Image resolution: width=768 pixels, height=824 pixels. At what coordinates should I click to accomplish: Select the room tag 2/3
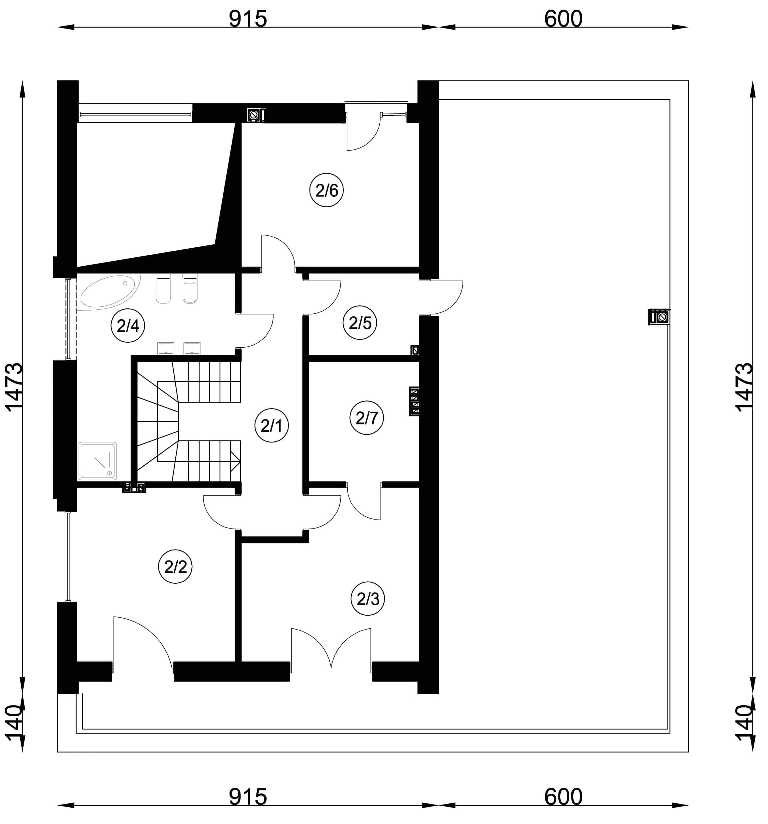(368, 599)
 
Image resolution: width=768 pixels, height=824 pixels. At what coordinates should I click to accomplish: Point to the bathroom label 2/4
(128, 326)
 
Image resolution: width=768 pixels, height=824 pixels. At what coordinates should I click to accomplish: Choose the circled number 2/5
(360, 323)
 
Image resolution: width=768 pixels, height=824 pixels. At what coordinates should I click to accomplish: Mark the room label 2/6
(326, 190)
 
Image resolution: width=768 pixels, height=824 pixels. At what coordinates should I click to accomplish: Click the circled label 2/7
(366, 418)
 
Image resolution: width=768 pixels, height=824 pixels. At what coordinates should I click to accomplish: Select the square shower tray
(98, 461)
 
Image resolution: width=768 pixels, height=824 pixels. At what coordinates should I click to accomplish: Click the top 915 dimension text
(248, 19)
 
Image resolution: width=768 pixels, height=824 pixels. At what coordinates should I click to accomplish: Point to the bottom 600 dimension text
(563, 797)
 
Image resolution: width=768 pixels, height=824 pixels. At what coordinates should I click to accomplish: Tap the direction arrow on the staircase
(235, 461)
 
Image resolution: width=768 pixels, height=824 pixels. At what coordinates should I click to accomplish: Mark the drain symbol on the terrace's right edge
(659, 317)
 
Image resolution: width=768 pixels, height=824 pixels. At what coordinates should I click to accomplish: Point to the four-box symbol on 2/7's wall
(414, 401)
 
